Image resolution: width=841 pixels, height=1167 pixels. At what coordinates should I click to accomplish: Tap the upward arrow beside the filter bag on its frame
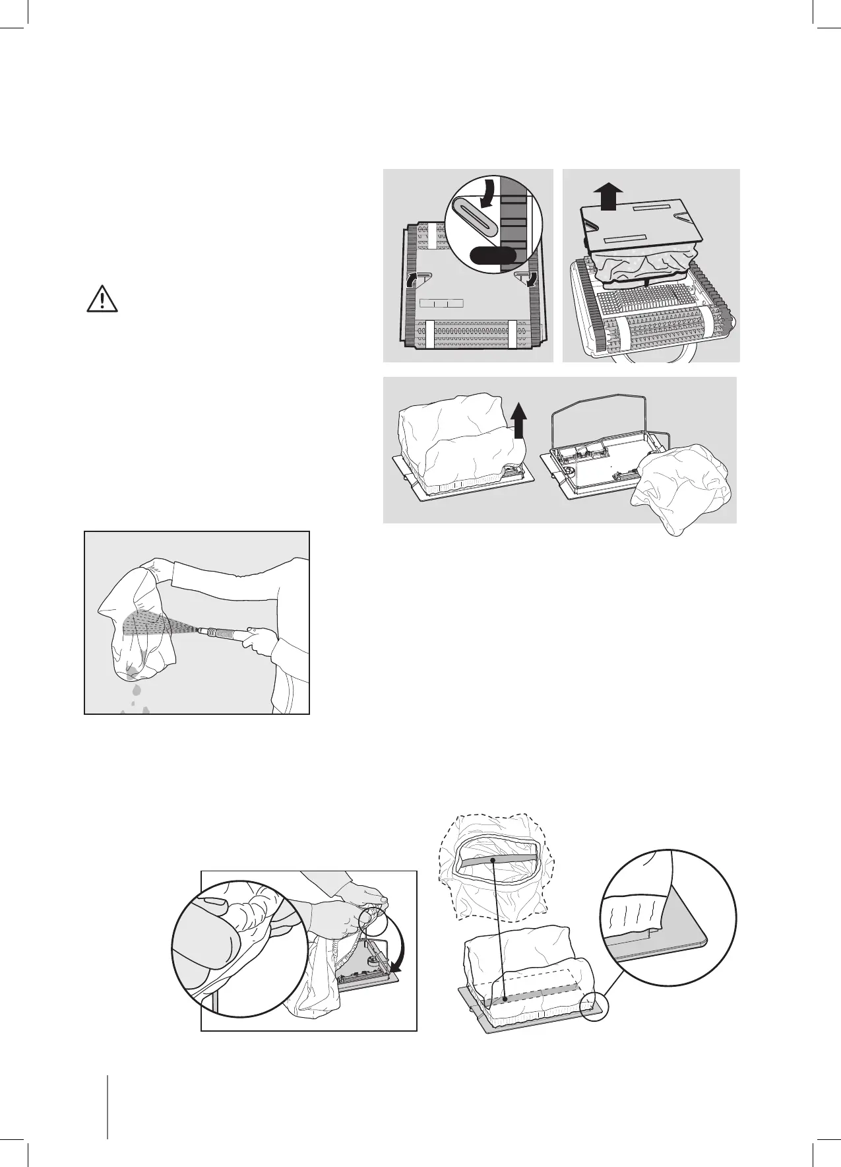(x=518, y=420)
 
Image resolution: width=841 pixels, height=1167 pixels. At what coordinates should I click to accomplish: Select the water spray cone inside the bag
(x=152, y=623)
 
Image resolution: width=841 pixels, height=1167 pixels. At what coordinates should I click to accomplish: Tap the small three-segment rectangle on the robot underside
(x=441, y=303)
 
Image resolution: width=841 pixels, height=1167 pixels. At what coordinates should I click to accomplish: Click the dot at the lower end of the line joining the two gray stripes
(x=505, y=999)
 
